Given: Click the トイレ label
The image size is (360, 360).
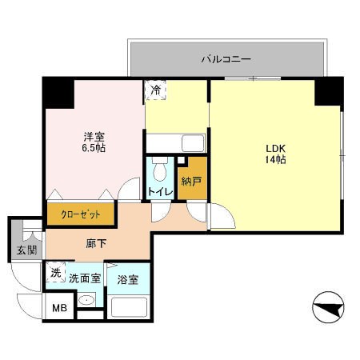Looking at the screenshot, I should click(x=157, y=192).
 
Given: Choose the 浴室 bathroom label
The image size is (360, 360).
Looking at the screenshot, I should click(x=127, y=280).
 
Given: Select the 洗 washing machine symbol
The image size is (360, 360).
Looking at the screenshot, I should click(x=55, y=273).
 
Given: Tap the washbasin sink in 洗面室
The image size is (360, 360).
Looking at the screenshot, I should click(x=86, y=302).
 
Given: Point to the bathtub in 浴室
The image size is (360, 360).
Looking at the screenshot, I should click(x=129, y=307).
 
